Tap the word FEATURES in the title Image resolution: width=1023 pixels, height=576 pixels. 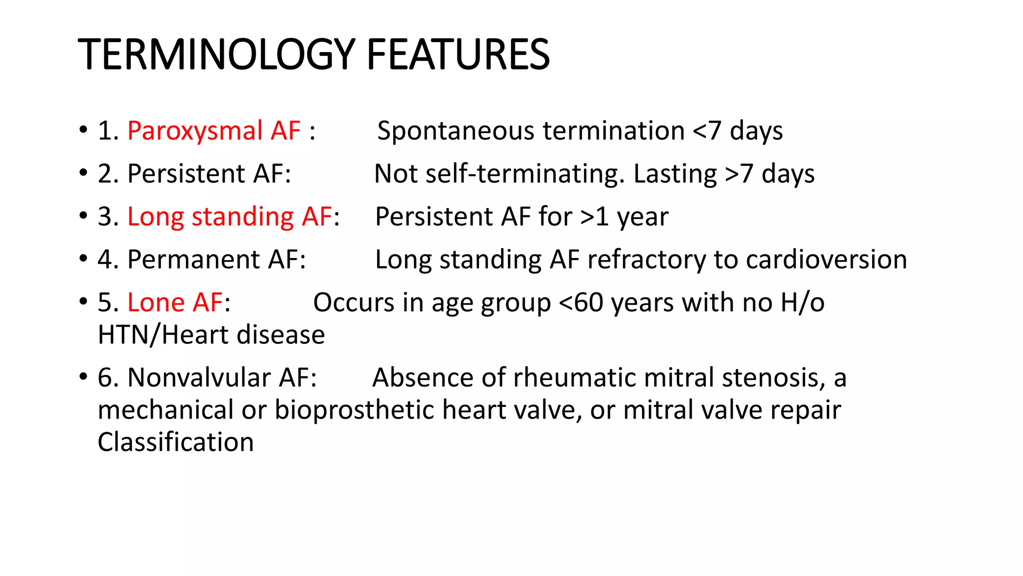click(458, 54)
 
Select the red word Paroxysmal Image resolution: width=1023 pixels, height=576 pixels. click(195, 131)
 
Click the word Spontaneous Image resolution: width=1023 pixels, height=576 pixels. click(456, 131)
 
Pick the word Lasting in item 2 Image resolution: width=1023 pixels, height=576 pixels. click(675, 174)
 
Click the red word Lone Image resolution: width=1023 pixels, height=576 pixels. click(156, 302)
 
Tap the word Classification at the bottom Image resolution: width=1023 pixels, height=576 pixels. click(176, 442)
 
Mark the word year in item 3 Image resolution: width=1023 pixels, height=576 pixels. click(642, 217)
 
